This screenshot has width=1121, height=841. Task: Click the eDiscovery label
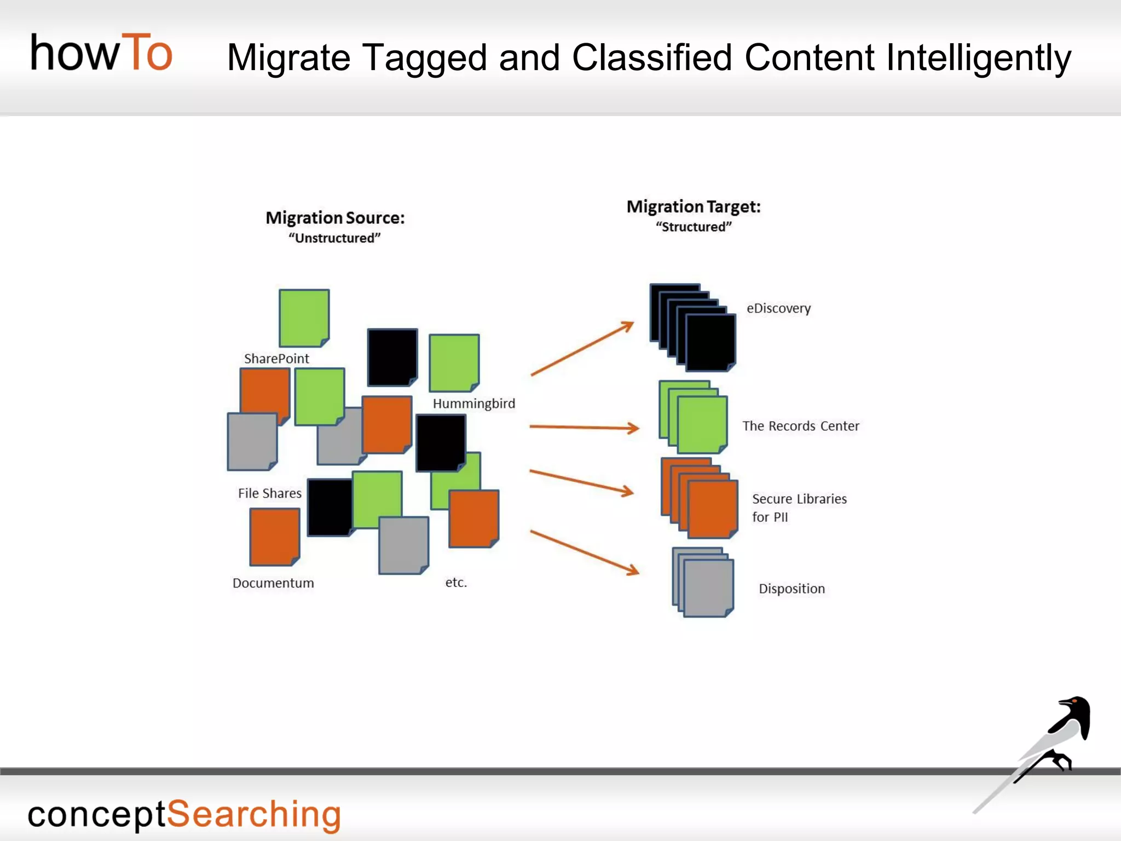[778, 308]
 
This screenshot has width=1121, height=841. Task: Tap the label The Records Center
[800, 426]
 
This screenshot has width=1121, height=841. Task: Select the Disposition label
[791, 589]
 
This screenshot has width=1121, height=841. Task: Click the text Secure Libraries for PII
[799, 507]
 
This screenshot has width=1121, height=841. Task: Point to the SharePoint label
[276, 359]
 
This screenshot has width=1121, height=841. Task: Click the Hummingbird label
[473, 404]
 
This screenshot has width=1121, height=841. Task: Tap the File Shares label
[269, 493]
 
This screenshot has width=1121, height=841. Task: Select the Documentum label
[273, 583]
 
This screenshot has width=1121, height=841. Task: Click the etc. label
[455, 583]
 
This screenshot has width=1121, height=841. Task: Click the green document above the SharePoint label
[304, 318]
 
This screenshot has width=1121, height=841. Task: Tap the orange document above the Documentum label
[274, 536]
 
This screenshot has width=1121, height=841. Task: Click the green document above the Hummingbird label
[454, 362]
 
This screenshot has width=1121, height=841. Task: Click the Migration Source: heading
[335, 218]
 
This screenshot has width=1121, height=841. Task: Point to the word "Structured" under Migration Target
[694, 227]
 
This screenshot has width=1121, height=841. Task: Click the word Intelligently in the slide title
[978, 57]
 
